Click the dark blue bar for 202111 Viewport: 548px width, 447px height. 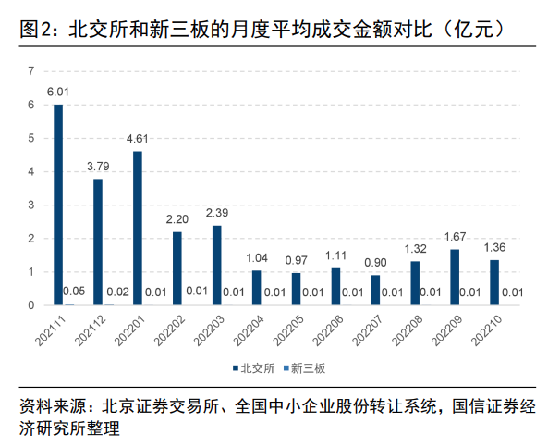[58, 205]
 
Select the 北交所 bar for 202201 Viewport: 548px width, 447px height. [138, 228]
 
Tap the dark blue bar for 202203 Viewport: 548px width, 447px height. [217, 265]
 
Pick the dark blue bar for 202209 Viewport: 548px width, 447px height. [455, 277]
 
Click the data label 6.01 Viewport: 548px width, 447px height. [58, 92]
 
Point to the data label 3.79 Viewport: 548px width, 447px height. [98, 166]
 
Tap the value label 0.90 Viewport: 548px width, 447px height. [375, 262]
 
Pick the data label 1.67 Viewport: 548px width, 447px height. [455, 236]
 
